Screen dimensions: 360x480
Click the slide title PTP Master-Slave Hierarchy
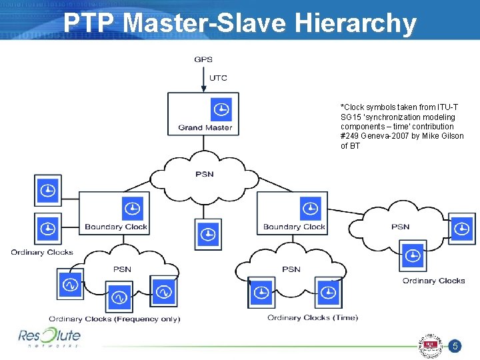(x=240, y=23)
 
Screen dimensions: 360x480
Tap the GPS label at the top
(x=203, y=59)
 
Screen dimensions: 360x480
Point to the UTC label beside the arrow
(x=218, y=78)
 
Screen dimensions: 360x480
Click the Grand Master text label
(x=205, y=128)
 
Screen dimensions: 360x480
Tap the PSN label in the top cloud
(x=204, y=174)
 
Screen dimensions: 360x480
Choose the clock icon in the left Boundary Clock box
(x=133, y=209)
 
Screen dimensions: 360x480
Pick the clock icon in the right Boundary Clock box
(x=310, y=209)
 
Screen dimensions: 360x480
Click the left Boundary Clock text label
(x=116, y=227)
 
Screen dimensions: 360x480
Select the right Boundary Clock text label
(x=294, y=227)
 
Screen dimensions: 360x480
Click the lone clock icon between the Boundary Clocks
(x=208, y=234)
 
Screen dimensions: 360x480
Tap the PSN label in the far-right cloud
(x=400, y=227)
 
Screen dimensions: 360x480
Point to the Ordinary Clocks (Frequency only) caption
(x=114, y=319)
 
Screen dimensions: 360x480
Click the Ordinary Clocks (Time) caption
(x=313, y=317)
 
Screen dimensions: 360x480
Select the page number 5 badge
(x=455, y=346)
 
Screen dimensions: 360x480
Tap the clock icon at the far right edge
(x=461, y=229)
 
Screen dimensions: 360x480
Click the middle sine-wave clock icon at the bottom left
(x=119, y=296)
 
